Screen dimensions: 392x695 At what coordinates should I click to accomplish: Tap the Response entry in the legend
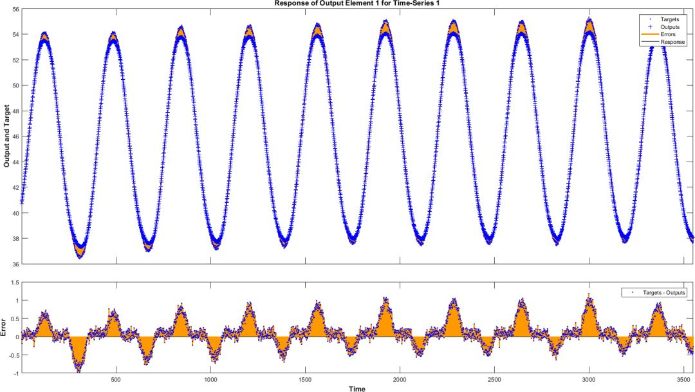(x=672, y=42)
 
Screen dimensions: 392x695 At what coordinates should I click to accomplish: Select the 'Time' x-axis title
(x=357, y=388)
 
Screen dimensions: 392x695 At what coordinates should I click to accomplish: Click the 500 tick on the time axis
(x=116, y=380)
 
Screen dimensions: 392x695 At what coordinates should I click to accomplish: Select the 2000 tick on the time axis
(x=400, y=380)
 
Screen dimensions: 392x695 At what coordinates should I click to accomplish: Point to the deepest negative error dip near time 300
(x=79, y=370)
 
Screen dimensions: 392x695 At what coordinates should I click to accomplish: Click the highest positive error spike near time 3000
(x=588, y=295)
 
